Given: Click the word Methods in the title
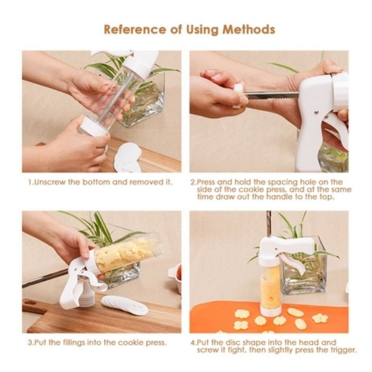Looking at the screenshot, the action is tap(249, 30).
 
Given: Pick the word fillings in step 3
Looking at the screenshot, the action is tap(74, 343).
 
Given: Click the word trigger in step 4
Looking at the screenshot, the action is tap(343, 350).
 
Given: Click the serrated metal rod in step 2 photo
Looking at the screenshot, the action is tap(271, 95).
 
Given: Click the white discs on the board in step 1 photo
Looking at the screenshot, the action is tap(127, 157).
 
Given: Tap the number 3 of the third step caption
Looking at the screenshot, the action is tap(30, 343).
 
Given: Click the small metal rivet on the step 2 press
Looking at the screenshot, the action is tap(317, 111).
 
